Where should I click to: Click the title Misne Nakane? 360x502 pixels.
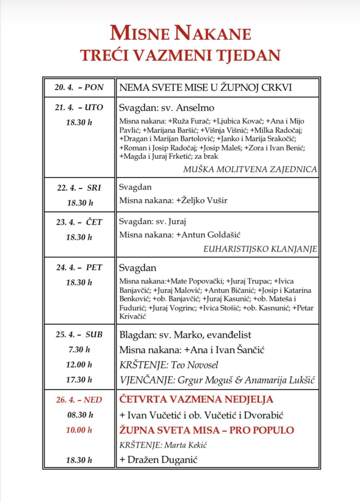[x=180, y=33]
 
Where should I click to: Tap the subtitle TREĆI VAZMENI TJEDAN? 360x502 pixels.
[x=180, y=54]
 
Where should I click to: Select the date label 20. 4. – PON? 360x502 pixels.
[x=79, y=88]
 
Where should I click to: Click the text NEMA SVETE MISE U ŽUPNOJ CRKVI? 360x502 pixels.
[x=205, y=88]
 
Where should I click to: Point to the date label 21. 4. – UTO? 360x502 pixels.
[x=79, y=107]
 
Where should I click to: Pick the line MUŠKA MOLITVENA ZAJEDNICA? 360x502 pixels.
[x=250, y=169]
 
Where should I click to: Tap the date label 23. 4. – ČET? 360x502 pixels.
[x=79, y=222]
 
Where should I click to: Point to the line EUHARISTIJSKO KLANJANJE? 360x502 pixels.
[x=260, y=249]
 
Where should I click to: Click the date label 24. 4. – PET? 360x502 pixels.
[x=79, y=267]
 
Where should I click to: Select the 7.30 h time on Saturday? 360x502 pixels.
[x=79, y=350]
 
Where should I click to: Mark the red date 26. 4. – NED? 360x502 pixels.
[x=79, y=400]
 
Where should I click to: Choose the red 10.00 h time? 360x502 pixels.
[x=79, y=430]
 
